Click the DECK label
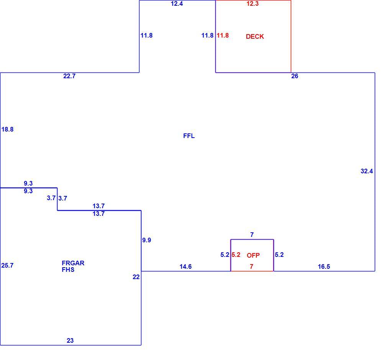[x=255, y=36]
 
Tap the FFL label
[x=189, y=136]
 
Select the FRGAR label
[x=73, y=263]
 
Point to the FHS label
[x=68, y=270]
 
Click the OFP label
[x=253, y=255]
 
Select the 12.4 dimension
[x=177, y=3]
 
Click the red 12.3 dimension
[x=253, y=3]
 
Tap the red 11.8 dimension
[x=223, y=35]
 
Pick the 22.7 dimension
[x=69, y=76]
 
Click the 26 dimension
[x=295, y=76]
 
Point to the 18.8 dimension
[x=7, y=129]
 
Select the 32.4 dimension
[x=367, y=171]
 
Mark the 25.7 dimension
[x=7, y=265]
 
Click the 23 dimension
[x=70, y=340]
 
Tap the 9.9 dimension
[x=147, y=240]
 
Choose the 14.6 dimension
[x=185, y=266]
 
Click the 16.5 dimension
[x=324, y=266]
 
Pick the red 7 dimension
[x=251, y=266]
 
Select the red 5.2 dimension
[x=236, y=255]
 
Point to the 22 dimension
[x=136, y=277]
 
